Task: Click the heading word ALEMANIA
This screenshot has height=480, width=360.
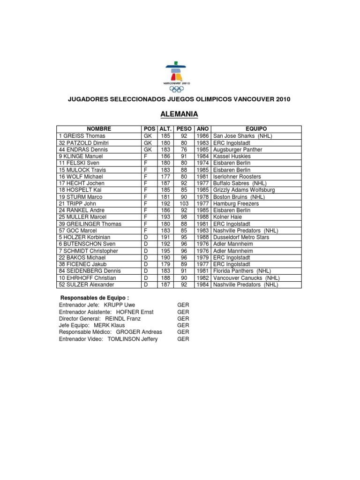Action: tap(180, 114)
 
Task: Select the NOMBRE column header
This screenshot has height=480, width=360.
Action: tap(98, 129)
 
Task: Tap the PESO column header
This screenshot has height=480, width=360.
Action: tap(184, 129)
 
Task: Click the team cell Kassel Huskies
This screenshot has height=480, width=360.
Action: tap(232, 156)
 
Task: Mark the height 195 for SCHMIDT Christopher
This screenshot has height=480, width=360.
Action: tap(165, 251)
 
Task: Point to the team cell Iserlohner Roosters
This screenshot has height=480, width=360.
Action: tap(237, 176)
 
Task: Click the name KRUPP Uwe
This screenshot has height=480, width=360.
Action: tap(119, 305)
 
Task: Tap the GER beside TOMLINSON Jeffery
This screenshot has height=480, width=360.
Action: tap(183, 339)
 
